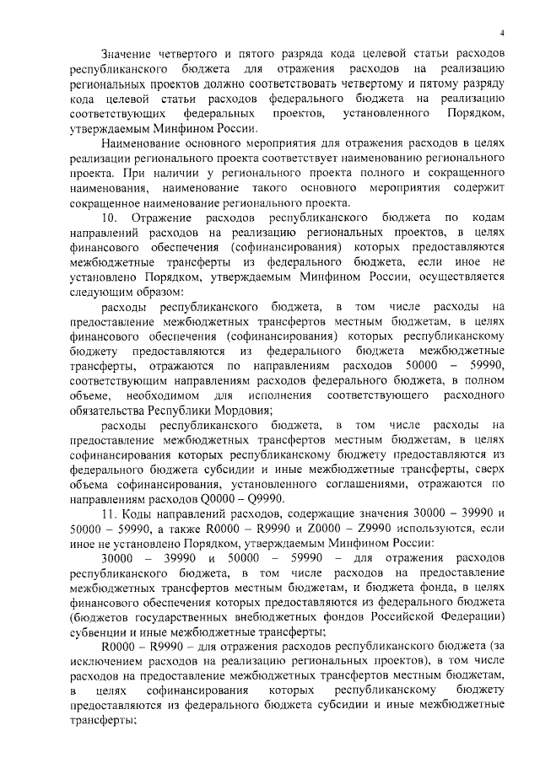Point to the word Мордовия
tap(240, 409)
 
